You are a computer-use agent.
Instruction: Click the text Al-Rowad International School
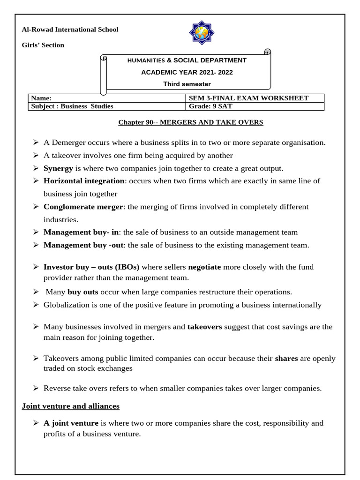pyautogui.click(x=70, y=30)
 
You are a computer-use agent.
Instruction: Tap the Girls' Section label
pyautogui.click(x=43, y=45)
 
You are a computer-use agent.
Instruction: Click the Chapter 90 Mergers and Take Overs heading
pyautogui.click(x=190, y=122)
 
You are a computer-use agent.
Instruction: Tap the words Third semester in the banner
pyautogui.click(x=187, y=84)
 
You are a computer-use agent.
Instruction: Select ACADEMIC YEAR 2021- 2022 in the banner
pyautogui.click(x=187, y=72)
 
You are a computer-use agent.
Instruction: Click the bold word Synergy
pyautogui.click(x=58, y=168)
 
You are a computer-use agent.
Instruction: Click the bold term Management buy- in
pyautogui.click(x=82, y=232)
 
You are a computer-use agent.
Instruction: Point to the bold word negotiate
pyautogui.click(x=204, y=267)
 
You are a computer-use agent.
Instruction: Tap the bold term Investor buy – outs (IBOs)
pyautogui.click(x=91, y=267)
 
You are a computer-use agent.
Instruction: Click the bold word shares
pyautogui.click(x=286, y=359)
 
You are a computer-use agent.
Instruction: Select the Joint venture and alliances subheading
pyautogui.click(x=71, y=406)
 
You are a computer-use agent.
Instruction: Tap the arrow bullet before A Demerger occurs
pyautogui.click(x=36, y=142)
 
